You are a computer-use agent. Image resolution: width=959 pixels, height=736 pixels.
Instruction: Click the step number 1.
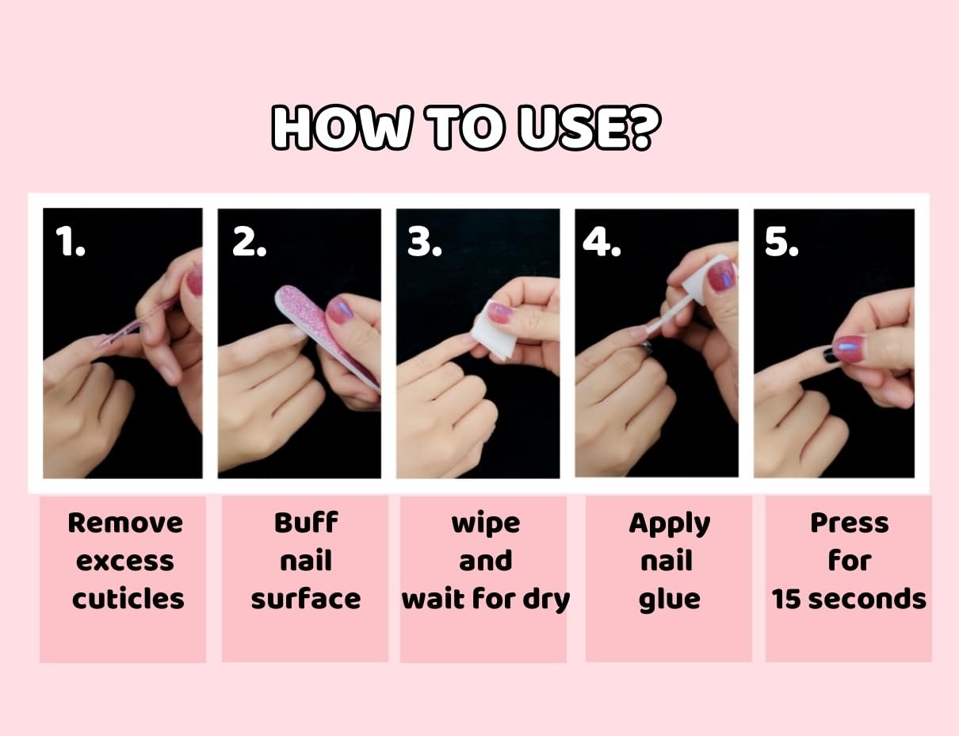[x=71, y=241]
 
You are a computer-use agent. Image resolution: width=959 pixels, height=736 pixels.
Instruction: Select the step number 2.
[x=249, y=241]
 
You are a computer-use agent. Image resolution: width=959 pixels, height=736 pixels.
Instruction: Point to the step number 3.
[x=424, y=241]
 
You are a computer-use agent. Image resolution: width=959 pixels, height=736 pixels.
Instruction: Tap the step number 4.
[x=602, y=241]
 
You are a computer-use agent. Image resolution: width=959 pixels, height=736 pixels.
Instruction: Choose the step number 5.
[x=781, y=241]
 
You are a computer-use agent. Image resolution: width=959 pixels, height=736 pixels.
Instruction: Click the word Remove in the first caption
[x=125, y=523]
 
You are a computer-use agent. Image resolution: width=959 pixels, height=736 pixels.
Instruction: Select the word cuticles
[x=128, y=599]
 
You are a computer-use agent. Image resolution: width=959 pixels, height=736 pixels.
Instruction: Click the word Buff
[x=305, y=523]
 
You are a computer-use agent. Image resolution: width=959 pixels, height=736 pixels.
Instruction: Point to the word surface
[x=305, y=599]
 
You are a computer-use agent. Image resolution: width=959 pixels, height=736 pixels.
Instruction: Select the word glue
[x=669, y=600]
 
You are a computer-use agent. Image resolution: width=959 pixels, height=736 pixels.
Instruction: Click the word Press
[x=849, y=523]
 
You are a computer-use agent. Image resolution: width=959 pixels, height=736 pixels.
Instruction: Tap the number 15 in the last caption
[x=786, y=599]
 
